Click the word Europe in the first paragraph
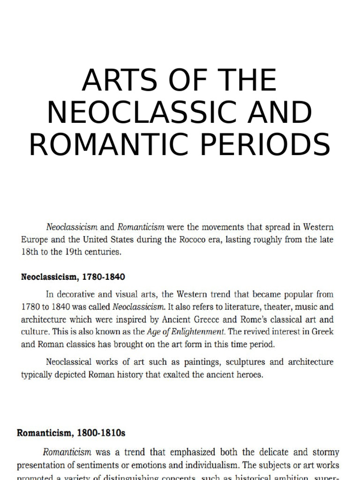pos(34,239)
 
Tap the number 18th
pos(30,251)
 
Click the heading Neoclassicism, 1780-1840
pos(73,277)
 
